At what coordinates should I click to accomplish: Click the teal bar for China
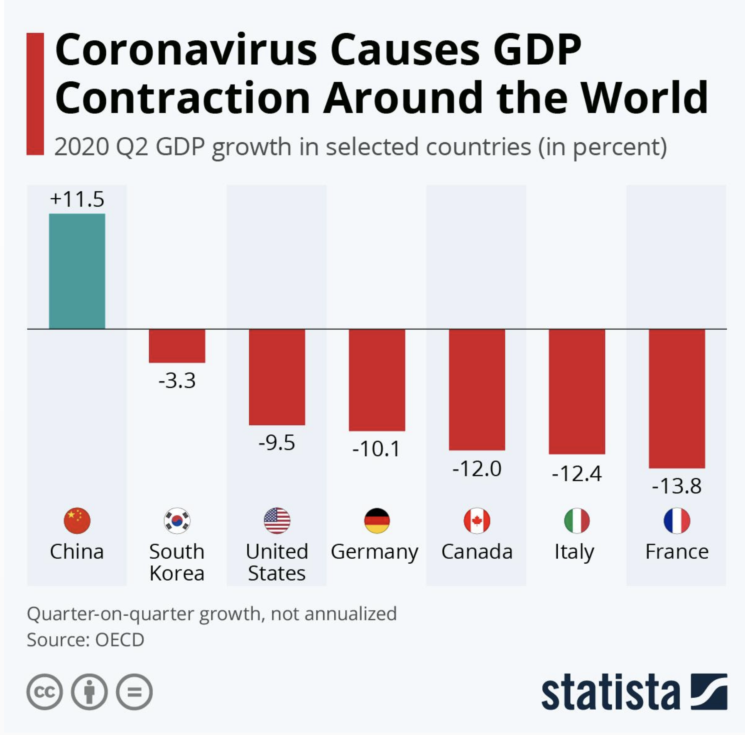[x=77, y=271]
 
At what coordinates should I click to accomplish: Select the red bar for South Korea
[x=177, y=346]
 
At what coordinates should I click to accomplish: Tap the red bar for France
[x=677, y=399]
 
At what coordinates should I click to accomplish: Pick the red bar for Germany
[x=377, y=380]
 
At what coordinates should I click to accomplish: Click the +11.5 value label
[x=77, y=199]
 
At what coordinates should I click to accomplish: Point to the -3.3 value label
[x=177, y=380]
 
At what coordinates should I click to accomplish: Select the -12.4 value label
[x=576, y=473]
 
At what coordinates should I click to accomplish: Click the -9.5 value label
[x=277, y=443]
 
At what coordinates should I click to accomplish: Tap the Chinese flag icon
[x=77, y=521]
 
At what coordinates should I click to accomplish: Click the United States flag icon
[x=277, y=521]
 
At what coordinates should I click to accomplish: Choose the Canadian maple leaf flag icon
[x=477, y=521]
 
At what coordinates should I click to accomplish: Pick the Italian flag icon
[x=577, y=521]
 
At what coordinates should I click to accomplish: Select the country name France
[x=677, y=552]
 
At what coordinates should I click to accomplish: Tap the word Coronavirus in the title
[x=186, y=50]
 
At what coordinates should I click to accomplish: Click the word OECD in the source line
[x=120, y=640]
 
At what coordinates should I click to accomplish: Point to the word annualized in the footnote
[x=350, y=613]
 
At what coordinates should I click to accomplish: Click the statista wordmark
[x=610, y=692]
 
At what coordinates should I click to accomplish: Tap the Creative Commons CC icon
[x=44, y=692]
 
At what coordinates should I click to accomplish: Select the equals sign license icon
[x=134, y=692]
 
